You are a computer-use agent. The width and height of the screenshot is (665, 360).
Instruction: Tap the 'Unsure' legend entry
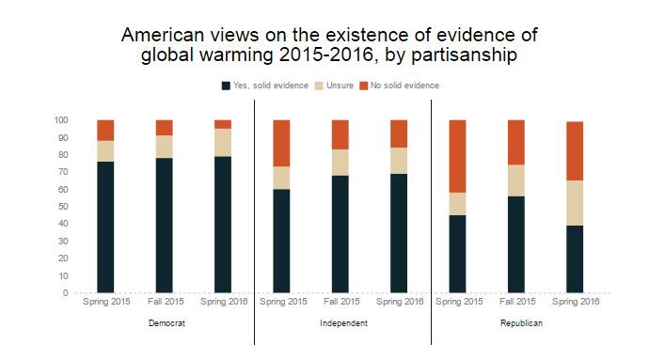click(334, 86)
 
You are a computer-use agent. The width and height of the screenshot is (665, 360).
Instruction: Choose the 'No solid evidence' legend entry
click(403, 86)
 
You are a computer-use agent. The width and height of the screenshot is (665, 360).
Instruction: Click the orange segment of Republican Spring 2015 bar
click(458, 156)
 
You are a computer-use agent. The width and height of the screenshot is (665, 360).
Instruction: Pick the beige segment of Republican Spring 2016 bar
click(576, 203)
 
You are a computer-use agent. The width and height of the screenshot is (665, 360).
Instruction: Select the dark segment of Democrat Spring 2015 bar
click(105, 227)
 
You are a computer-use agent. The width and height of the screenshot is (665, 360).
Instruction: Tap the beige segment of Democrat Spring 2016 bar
click(223, 142)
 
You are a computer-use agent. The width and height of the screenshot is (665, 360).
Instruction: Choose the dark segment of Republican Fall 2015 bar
click(516, 244)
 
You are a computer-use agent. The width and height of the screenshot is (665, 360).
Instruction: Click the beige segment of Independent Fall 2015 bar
click(340, 163)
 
